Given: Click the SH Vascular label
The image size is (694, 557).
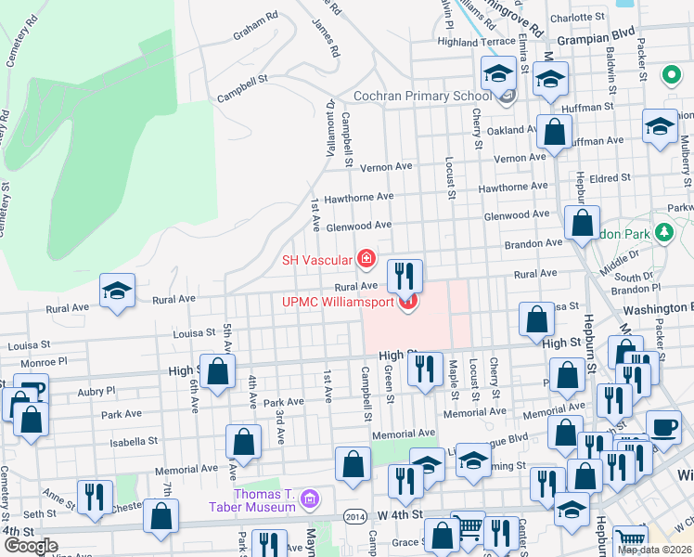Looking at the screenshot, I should point(317,260).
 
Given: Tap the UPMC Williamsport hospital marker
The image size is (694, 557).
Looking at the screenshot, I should point(406,303).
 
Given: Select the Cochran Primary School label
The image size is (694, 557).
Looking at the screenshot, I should point(422,96).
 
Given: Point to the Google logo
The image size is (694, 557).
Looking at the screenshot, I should point(31,545).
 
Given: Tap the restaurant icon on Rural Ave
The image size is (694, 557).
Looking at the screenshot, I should point(405,276).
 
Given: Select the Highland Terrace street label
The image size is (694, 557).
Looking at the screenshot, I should point(476,42).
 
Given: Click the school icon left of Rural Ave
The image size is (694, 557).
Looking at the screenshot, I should point(117,291).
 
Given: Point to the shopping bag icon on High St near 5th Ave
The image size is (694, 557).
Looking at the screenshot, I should point(217,372).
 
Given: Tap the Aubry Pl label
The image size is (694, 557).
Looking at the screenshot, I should point(96,391).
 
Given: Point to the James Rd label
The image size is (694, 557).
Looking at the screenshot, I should point(328,26).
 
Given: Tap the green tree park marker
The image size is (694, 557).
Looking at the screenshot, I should point(663,229).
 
